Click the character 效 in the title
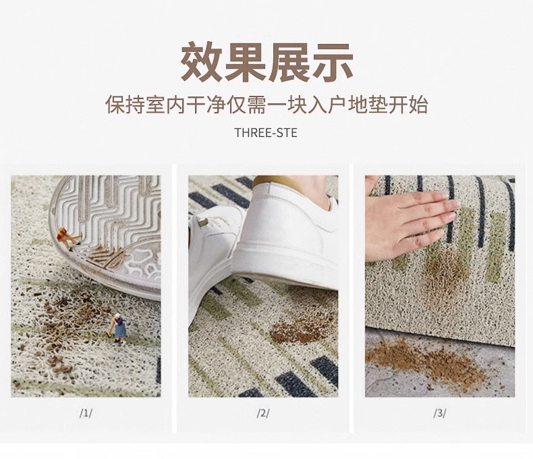(201, 62)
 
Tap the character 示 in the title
(332, 62)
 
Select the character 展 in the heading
(289, 62)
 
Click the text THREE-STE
(266, 132)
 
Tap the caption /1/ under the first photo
(86, 413)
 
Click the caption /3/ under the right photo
(439, 413)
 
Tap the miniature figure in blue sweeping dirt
(119, 329)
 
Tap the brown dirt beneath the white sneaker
(300, 329)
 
